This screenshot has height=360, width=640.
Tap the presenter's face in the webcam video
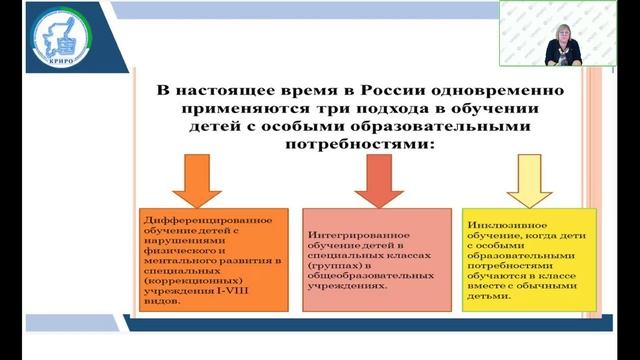coord(556,29)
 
